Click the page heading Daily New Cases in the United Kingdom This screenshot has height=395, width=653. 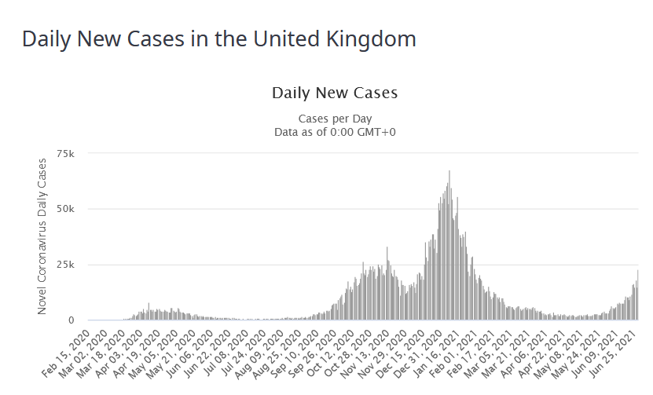(x=218, y=38)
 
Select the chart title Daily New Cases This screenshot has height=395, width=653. (x=335, y=93)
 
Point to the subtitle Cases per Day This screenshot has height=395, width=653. (x=335, y=119)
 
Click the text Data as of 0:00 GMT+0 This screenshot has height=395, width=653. (x=335, y=131)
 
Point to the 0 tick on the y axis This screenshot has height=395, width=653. (x=71, y=320)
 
